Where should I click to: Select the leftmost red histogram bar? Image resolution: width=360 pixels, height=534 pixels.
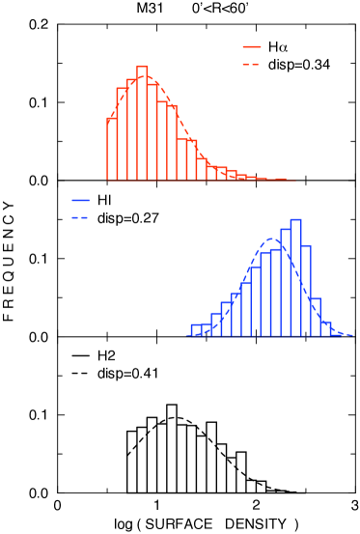click(112, 149)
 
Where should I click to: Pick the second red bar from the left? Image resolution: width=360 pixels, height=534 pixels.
click(122, 134)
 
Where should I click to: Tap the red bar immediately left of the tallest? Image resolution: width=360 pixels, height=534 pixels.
click(132, 129)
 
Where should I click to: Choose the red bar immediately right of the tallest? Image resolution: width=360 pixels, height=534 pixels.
click(152, 132)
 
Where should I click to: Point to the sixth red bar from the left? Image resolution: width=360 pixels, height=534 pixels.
click(162, 139)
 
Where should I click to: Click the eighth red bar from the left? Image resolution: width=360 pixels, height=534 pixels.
click(181, 159)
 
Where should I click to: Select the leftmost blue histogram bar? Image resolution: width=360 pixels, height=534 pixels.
click(196, 330)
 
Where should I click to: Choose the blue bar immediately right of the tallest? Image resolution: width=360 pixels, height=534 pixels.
click(306, 291)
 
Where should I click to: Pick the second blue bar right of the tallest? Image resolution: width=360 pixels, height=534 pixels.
click(316, 317)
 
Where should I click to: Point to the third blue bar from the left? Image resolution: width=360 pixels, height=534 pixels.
click(216, 324)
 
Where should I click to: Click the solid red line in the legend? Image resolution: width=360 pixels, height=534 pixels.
click(252, 46)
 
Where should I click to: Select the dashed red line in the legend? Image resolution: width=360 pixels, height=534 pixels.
click(252, 64)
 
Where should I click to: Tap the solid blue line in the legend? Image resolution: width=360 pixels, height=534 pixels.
click(80, 200)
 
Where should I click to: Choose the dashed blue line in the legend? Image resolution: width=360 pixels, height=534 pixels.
click(80, 217)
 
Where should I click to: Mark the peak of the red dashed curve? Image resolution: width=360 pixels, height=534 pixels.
click(143, 75)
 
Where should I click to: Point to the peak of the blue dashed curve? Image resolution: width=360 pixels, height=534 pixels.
click(273, 238)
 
